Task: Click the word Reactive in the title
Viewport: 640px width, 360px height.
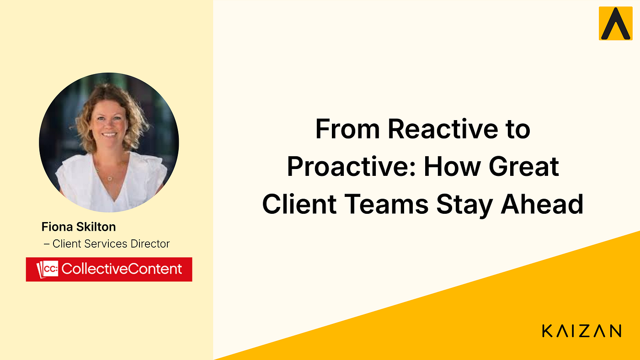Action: [443, 129]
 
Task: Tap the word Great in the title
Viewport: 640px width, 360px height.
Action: [524, 166]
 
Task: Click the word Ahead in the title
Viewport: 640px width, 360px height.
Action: [542, 204]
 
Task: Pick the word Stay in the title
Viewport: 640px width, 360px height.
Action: [464, 205]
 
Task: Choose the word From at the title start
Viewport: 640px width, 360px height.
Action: [347, 129]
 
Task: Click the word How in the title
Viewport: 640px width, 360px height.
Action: [452, 166]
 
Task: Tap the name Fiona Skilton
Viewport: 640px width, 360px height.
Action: [79, 227]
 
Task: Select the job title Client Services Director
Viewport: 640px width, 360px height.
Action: [111, 244]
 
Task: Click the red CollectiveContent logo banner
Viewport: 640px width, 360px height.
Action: [109, 269]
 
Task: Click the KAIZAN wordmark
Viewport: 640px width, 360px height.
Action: [581, 331]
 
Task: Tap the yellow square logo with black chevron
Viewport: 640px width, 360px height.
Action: [615, 23]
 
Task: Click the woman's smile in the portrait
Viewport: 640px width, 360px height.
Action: [109, 134]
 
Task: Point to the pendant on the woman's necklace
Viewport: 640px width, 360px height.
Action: [109, 179]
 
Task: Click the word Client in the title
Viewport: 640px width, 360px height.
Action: [299, 204]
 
